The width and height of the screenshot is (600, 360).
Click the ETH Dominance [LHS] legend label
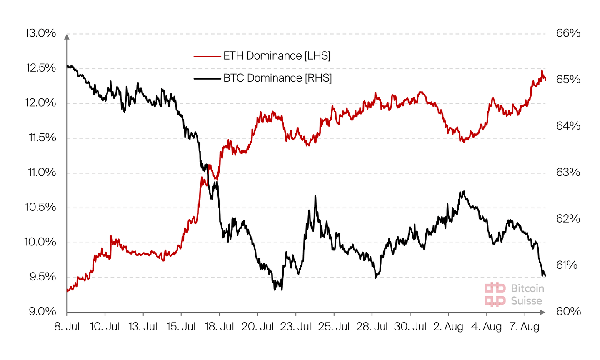click(277, 56)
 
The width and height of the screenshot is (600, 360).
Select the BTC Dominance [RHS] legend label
click(277, 78)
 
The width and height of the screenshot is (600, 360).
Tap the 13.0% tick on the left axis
click(40, 33)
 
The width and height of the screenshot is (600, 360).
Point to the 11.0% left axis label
click(42, 172)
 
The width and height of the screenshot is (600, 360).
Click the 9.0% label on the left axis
click(42, 312)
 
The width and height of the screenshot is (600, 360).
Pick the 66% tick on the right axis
click(568, 33)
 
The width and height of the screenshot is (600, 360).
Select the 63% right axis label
click(568, 172)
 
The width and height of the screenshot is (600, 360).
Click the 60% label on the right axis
click(568, 312)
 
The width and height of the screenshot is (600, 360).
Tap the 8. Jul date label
click(67, 327)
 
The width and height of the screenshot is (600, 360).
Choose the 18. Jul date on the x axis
click(220, 327)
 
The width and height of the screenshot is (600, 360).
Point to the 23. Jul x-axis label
click(296, 327)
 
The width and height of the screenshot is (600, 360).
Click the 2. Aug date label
click(448, 327)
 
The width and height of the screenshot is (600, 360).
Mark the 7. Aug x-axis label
click(525, 327)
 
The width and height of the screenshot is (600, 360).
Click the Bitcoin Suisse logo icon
click(495, 295)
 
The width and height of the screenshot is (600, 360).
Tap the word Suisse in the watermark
click(527, 301)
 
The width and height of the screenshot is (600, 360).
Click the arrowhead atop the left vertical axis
click(67, 37)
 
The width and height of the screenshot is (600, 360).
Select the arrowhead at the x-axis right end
click(542, 312)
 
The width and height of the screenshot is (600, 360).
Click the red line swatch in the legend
click(207, 56)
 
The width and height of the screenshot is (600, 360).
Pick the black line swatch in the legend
click(207, 78)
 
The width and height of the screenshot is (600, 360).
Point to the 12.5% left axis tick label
click(41, 68)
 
